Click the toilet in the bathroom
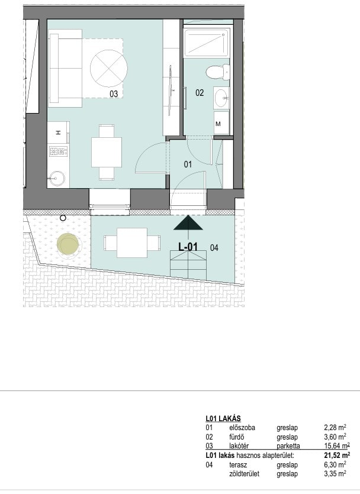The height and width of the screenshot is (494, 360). tap(218, 72)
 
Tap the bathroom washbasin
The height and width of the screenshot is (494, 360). tap(221, 98)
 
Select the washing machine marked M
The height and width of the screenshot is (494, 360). tap(221, 123)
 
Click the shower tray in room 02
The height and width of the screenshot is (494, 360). tap(206, 42)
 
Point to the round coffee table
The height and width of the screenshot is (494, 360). tap(109, 69)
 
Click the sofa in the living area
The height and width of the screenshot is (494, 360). tap(65, 69)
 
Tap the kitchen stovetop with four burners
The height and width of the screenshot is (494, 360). tap(59, 151)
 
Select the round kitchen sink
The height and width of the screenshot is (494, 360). tap(56, 179)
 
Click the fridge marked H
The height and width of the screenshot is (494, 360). tap(59, 133)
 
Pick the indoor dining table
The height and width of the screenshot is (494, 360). tap(107, 153)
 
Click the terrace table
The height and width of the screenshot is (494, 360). tap(132, 243)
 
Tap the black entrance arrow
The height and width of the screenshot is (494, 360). tap(188, 222)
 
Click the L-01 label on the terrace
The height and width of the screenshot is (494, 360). tap(188, 247)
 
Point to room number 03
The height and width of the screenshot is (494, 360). tap(114, 93)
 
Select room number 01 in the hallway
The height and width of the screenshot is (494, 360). tap(188, 164)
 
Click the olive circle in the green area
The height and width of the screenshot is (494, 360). tap(67, 244)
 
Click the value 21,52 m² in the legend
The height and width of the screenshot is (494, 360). tap(337, 455)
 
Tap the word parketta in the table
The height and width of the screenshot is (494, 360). tap(288, 446)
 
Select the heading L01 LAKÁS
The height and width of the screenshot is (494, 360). tap(223, 418)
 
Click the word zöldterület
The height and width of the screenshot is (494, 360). tap(244, 473)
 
